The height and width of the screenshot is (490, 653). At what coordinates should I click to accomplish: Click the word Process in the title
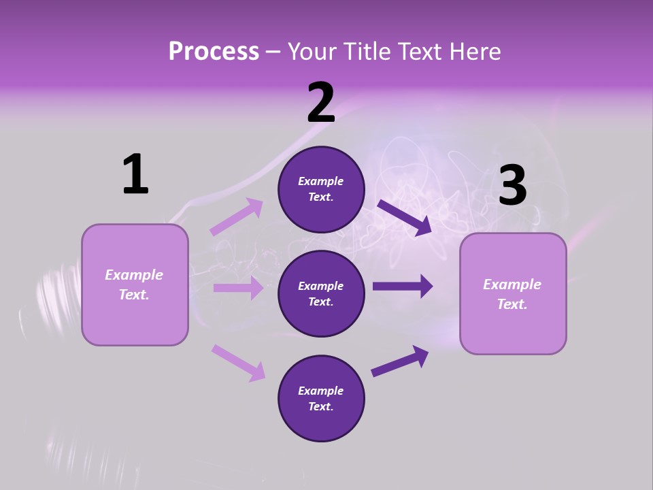click(214, 52)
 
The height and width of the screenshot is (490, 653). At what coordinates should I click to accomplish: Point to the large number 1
click(135, 174)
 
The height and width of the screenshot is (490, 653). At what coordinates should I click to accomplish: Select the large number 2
click(321, 103)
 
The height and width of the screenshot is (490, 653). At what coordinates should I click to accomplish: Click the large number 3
click(513, 185)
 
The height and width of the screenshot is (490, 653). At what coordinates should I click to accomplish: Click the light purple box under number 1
click(135, 284)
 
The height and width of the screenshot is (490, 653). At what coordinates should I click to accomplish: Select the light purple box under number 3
click(513, 294)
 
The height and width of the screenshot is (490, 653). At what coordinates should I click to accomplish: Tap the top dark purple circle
click(321, 189)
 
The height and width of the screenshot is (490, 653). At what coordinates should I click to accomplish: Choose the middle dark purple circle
click(321, 294)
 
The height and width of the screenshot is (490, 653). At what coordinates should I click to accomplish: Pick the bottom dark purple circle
click(321, 399)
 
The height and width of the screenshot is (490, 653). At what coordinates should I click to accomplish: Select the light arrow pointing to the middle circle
click(238, 288)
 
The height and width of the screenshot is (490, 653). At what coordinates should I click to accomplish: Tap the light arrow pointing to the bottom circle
click(238, 362)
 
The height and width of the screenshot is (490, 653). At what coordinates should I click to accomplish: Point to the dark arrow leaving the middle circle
click(403, 286)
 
